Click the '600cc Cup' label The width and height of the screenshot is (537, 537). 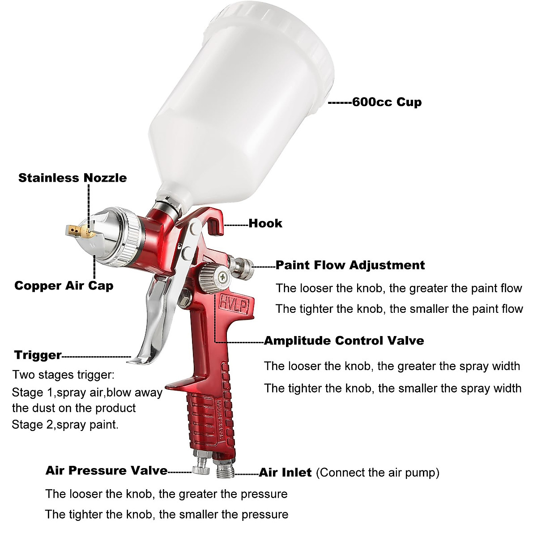[x=387, y=102]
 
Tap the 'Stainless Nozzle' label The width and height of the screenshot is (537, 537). [x=72, y=178]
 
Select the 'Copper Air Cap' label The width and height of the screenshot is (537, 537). [x=64, y=286]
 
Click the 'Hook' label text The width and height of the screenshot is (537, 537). [x=265, y=223]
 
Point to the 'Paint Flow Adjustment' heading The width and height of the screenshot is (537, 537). [x=350, y=265]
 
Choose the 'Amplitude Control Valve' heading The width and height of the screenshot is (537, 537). [x=344, y=341]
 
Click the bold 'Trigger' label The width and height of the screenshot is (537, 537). [x=38, y=355]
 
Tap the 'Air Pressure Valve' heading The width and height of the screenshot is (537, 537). [x=107, y=470]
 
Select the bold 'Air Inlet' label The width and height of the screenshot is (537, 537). [x=286, y=473]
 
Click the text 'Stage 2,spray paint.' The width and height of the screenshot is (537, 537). [x=65, y=424]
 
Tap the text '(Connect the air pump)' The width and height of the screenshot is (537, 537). [x=378, y=473]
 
